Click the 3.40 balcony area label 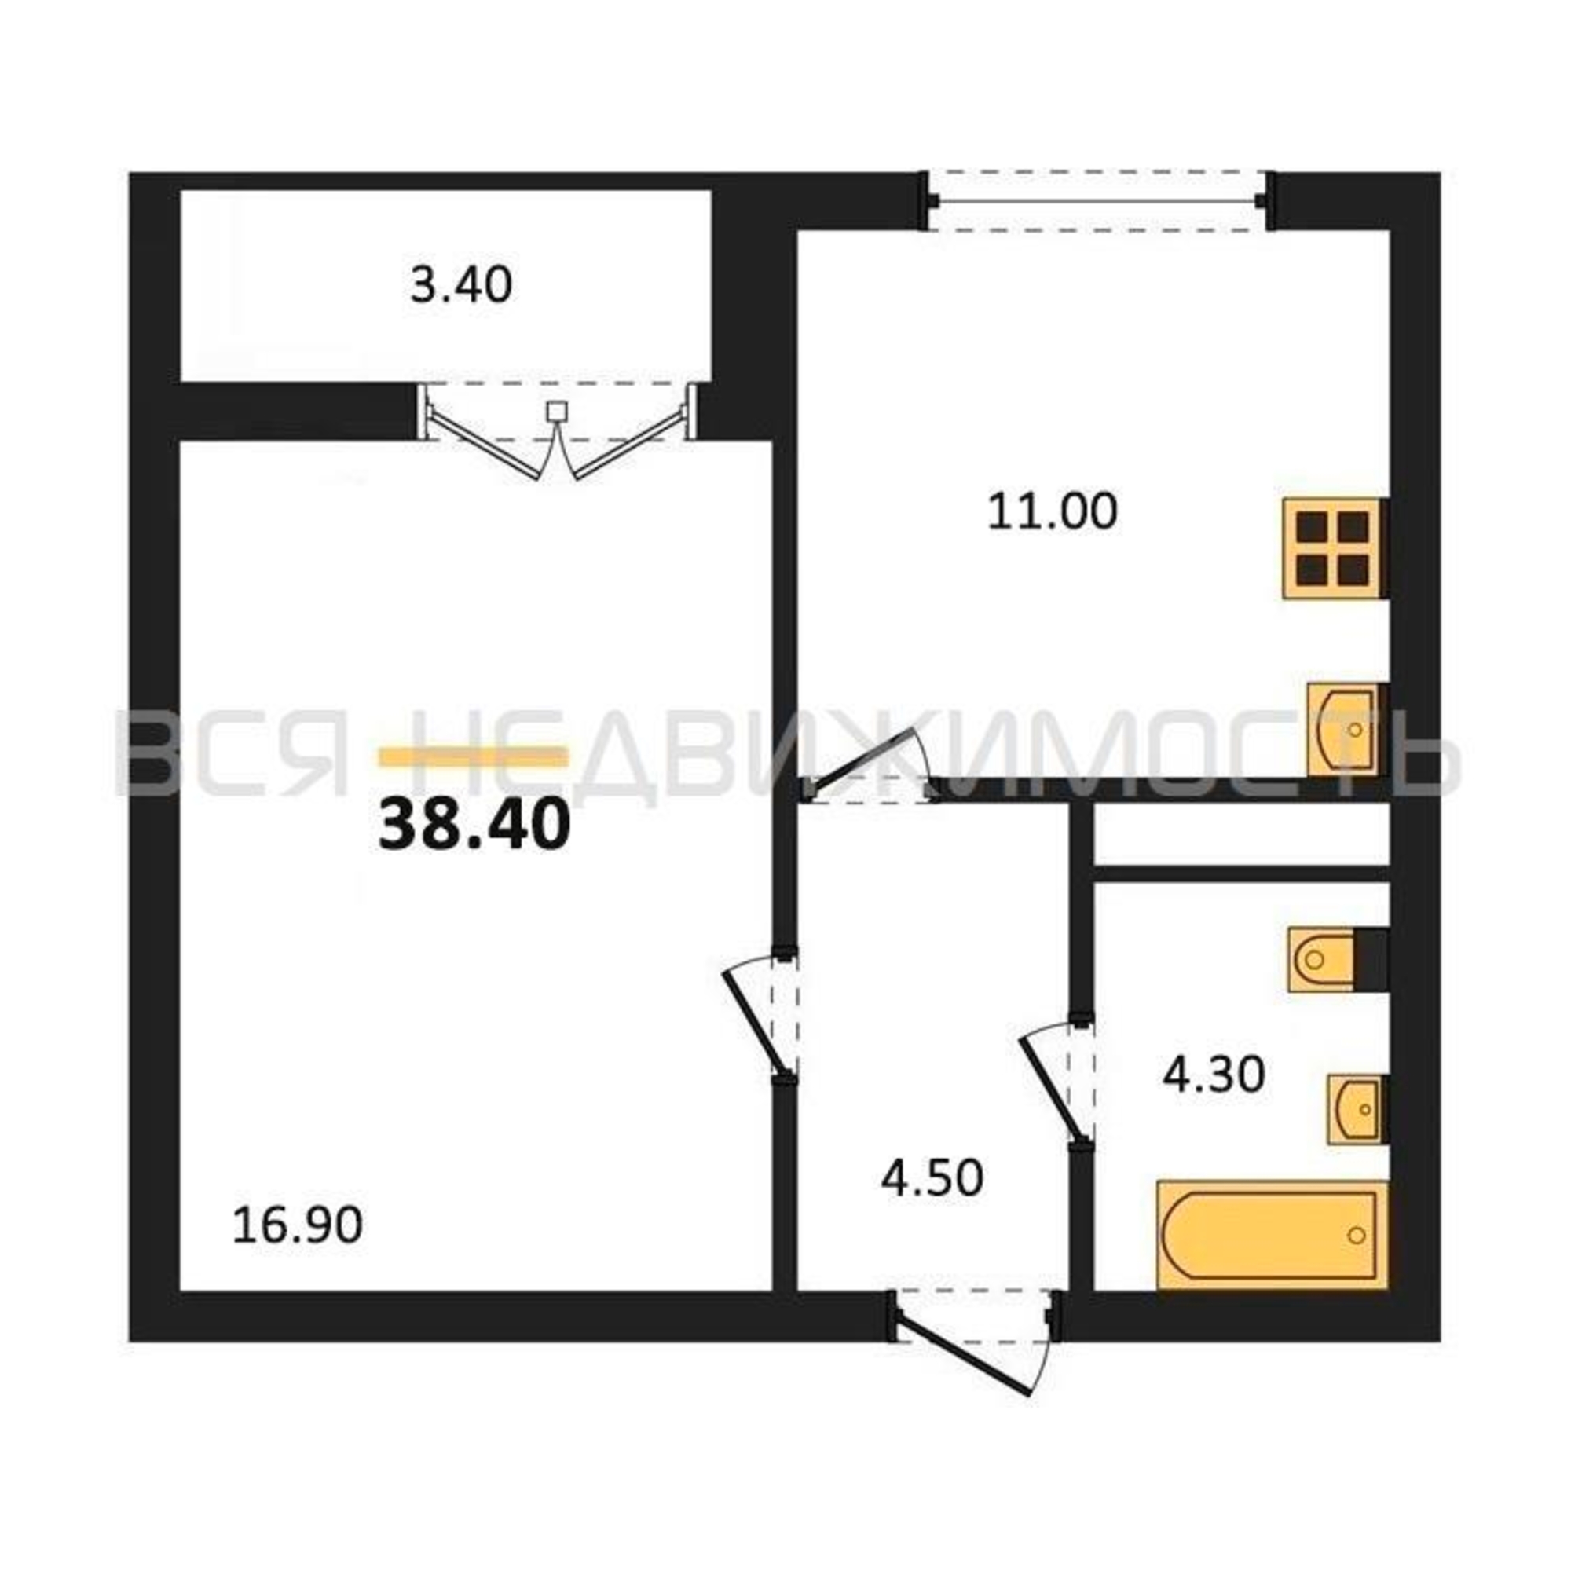tap(461, 286)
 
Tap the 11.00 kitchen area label tap(1053, 512)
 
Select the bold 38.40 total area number tap(474, 825)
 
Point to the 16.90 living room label tap(297, 1225)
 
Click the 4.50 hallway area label tap(932, 1177)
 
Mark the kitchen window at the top tap(1096, 201)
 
